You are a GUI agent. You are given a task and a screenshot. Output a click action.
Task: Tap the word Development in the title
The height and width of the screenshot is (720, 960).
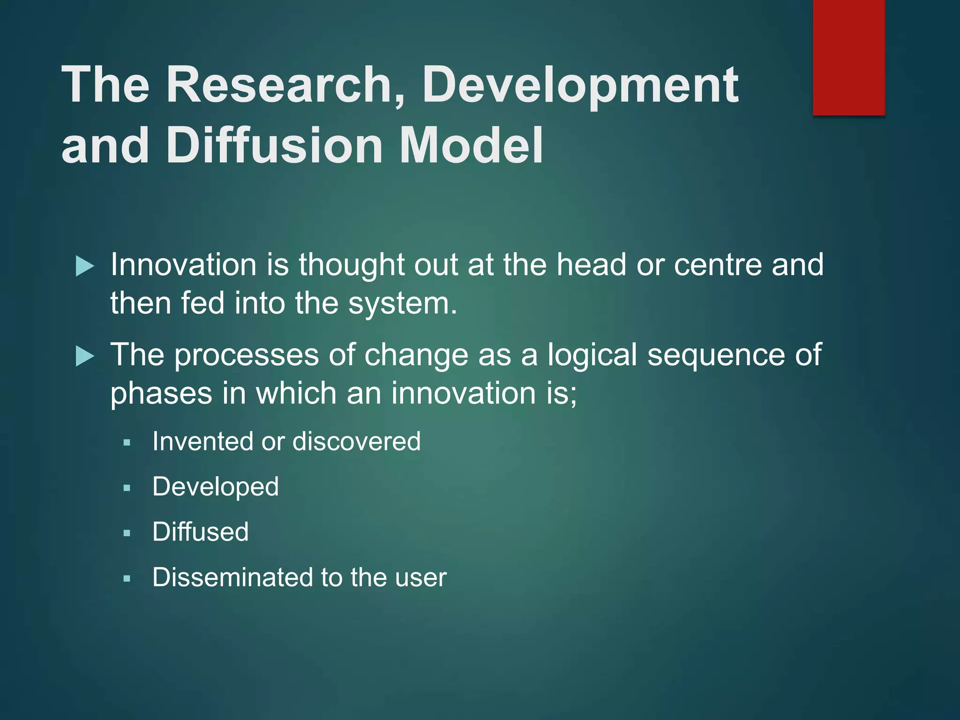[580, 85]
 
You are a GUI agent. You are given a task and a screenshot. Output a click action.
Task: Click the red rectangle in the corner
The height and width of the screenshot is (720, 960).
[848, 57]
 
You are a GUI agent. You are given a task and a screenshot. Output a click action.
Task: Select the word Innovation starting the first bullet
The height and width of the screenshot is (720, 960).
[183, 265]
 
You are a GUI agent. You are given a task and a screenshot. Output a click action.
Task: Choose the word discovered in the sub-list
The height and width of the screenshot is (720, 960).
[356, 442]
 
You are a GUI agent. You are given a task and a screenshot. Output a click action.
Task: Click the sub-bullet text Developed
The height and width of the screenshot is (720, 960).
[216, 487]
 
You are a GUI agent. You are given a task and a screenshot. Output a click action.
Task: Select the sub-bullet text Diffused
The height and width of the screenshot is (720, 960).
[201, 532]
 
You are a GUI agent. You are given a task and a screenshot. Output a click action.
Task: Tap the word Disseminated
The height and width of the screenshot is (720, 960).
[232, 577]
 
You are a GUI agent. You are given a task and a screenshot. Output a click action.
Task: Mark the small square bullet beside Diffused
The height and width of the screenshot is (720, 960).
[127, 533]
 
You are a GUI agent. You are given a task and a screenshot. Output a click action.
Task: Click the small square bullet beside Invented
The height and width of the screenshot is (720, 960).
[127, 442]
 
